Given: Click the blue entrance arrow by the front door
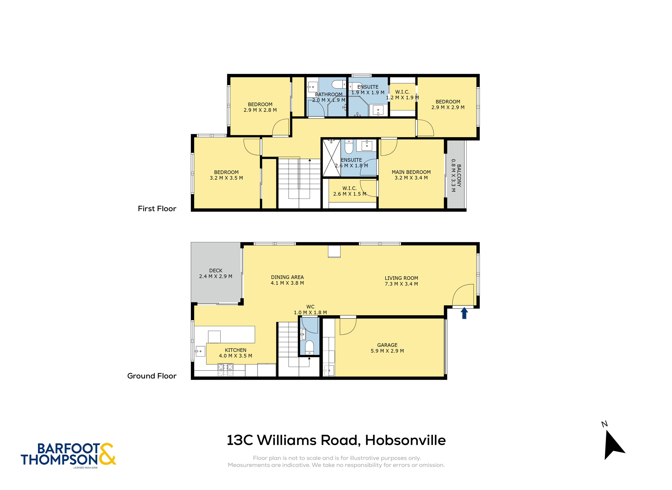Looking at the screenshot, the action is [464, 313].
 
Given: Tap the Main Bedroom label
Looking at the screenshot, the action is [411, 172].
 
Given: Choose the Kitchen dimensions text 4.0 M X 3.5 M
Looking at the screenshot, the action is [235, 356].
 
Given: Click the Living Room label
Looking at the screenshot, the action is [401, 278].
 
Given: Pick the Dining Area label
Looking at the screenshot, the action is [287, 277].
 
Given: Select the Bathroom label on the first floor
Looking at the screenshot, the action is [329, 94].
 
